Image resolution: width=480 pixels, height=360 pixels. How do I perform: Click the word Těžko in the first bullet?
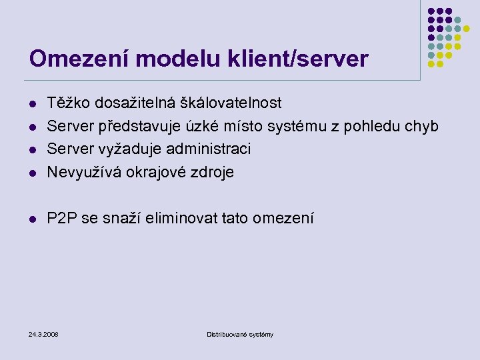(x=69, y=103)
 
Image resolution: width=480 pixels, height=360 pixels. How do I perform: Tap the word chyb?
(x=422, y=126)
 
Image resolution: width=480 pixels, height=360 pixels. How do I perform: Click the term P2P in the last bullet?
(x=61, y=218)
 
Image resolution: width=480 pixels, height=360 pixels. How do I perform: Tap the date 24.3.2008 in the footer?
(x=44, y=334)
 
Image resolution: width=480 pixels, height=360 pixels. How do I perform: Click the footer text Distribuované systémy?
(x=240, y=334)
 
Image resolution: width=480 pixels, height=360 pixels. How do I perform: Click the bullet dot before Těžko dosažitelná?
(x=33, y=104)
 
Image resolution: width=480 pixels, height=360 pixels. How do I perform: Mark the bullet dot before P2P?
(x=33, y=219)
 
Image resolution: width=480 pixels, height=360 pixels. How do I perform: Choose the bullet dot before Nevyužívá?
(x=33, y=173)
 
